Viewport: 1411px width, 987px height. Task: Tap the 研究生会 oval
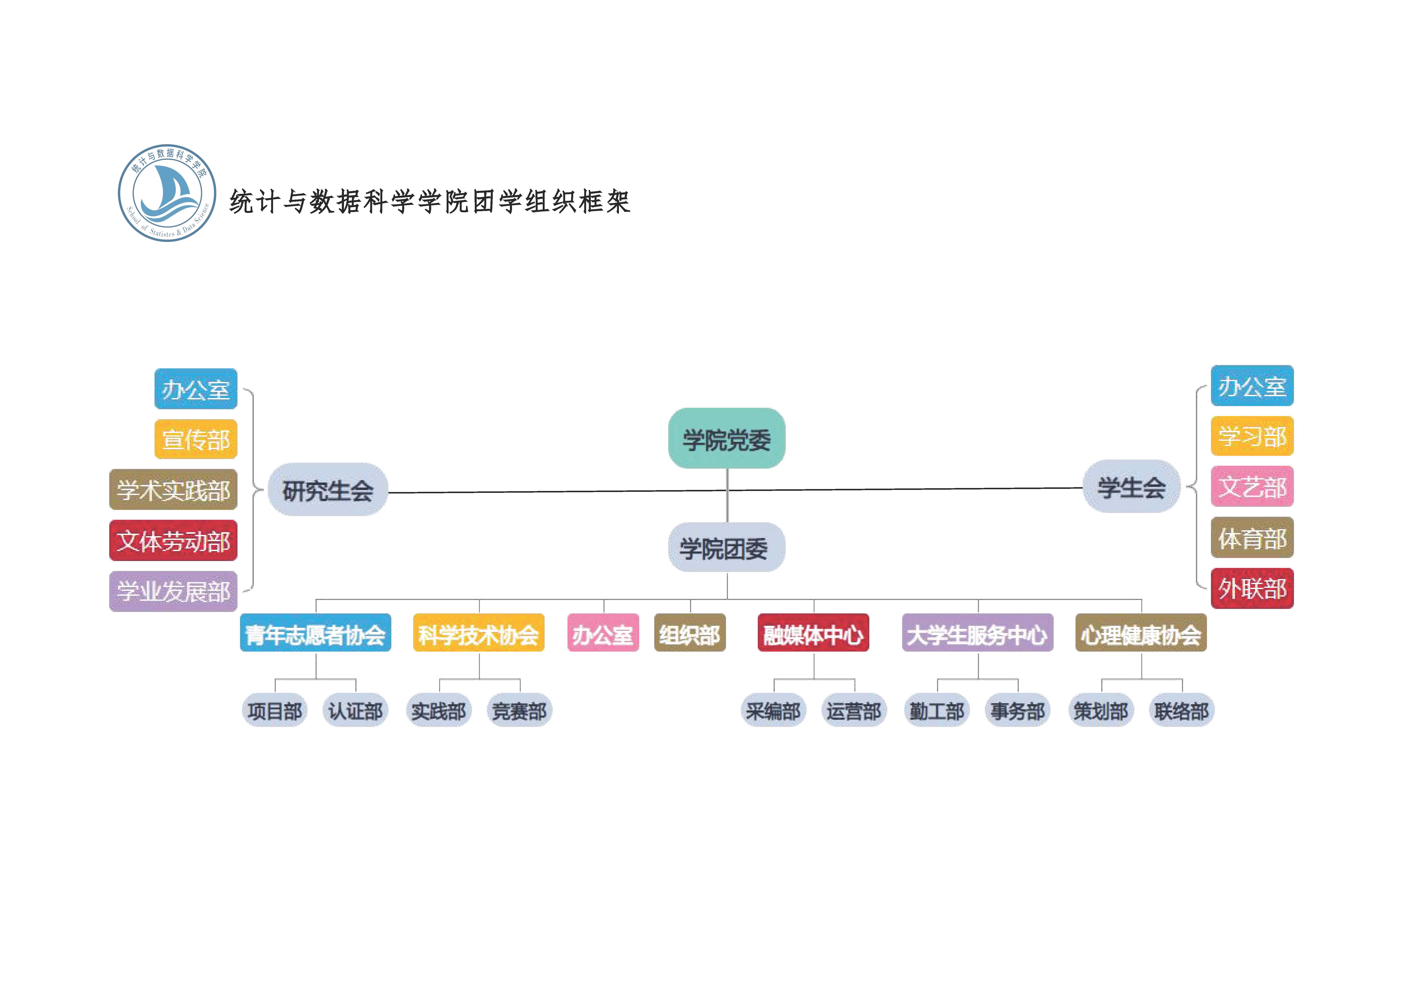[327, 490]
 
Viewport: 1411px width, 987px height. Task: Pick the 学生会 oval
[1131, 487]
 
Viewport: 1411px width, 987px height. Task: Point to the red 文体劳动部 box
[173, 541]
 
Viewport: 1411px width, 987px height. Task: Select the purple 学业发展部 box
[173, 591]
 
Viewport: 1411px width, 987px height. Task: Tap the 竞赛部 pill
[519, 711]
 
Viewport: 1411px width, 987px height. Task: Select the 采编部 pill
[773, 711]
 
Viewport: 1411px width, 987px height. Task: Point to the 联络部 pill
[1181, 711]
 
